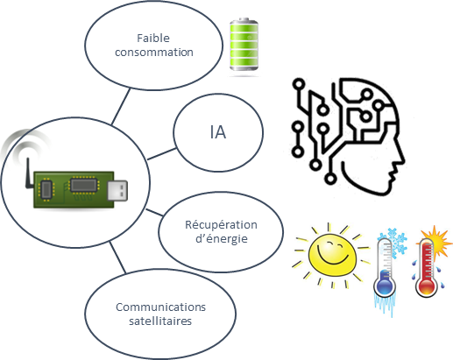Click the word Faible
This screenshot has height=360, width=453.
(x=153, y=39)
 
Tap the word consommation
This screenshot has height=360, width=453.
(x=154, y=53)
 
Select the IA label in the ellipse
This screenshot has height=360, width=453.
(x=218, y=132)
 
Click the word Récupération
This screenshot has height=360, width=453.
(x=221, y=225)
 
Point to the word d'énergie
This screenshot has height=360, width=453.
(x=222, y=239)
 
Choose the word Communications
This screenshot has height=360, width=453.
(x=160, y=307)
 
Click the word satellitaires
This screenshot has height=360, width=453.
(x=160, y=321)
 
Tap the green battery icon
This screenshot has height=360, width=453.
(x=244, y=45)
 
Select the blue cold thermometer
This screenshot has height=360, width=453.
(x=385, y=269)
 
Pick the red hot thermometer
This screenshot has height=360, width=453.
(x=427, y=265)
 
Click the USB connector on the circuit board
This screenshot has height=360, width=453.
(x=117, y=191)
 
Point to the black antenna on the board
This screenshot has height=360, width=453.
(x=29, y=173)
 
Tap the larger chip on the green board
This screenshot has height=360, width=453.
(x=83, y=185)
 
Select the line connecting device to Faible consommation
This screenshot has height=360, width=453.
(x=121, y=107)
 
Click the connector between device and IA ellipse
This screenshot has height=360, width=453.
(x=162, y=154)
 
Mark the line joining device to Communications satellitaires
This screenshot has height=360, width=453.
(x=117, y=258)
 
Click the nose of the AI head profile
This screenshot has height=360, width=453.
(x=401, y=159)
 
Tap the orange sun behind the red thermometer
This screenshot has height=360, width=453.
(x=437, y=239)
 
